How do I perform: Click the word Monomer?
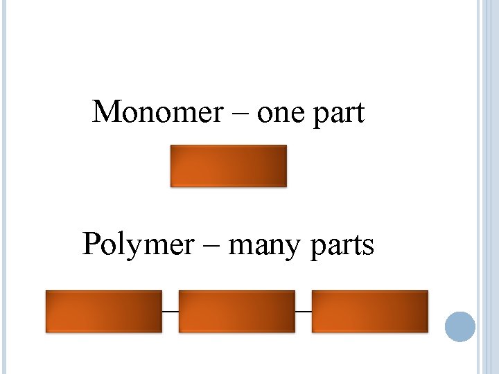(x=157, y=112)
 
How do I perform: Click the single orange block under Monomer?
(x=228, y=166)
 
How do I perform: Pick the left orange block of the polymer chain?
(x=103, y=311)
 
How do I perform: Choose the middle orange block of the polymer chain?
(x=236, y=311)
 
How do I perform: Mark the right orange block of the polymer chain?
(x=369, y=311)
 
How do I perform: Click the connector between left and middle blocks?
(x=170, y=311)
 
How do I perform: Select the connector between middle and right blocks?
(x=303, y=311)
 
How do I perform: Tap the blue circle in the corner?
(x=459, y=326)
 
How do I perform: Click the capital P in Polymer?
(x=91, y=244)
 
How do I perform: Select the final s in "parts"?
(x=368, y=247)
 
